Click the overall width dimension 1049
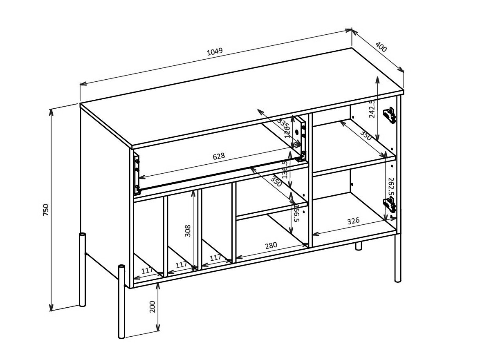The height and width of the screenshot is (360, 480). click(214, 51)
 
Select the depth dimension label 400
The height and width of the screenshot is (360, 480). click(381, 47)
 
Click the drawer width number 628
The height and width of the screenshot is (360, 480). click(218, 156)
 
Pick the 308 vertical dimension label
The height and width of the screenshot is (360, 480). click(188, 231)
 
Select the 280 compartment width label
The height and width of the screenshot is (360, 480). click(270, 245)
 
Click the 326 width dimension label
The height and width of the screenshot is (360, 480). click(353, 221)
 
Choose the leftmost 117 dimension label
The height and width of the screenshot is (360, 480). click(147, 270)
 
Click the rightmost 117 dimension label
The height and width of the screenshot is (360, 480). click(215, 257)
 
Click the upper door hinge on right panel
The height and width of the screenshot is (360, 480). click(389, 115)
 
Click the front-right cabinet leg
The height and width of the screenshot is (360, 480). click(398, 257)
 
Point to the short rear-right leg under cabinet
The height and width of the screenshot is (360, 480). click(359, 246)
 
